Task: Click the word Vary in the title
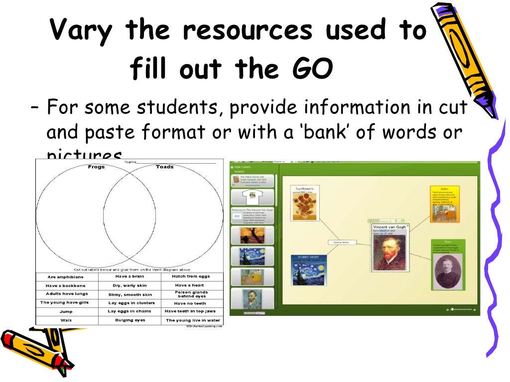82,31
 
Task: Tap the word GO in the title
311,70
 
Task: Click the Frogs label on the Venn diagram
96,167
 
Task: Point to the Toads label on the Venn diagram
164,167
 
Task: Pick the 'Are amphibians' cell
66,277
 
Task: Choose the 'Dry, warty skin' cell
129,286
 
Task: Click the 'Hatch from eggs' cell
191,277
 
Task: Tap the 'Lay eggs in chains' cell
129,311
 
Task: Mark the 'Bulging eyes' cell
129,320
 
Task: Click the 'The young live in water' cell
193,320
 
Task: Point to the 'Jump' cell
66,311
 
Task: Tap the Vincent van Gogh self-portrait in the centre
389,252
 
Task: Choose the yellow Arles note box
445,204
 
